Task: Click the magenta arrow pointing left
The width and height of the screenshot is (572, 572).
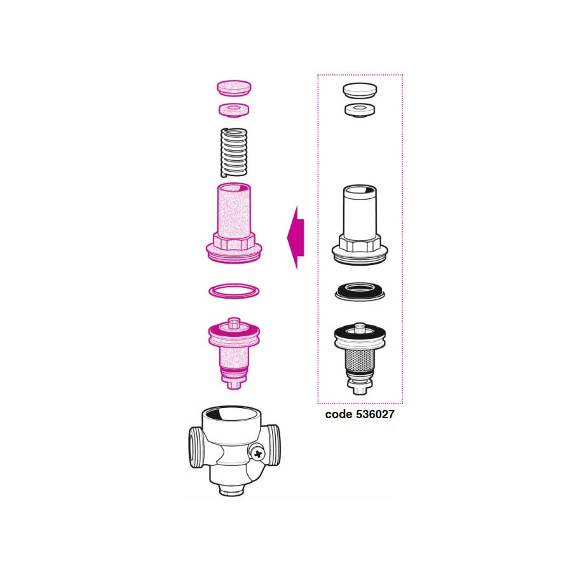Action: (x=296, y=238)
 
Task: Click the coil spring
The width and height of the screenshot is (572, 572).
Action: (x=234, y=153)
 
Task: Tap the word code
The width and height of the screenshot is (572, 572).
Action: (x=339, y=414)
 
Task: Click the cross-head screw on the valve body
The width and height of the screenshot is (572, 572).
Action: (x=257, y=454)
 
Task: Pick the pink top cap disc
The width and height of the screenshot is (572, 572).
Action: (x=234, y=88)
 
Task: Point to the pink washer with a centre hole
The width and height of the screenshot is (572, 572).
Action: (x=234, y=109)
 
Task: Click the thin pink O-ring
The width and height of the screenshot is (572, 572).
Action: (x=234, y=291)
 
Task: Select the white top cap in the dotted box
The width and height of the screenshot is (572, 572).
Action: (x=360, y=90)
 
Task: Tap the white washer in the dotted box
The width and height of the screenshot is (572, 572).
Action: (x=360, y=109)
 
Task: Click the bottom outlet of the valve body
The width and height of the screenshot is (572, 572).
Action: (x=232, y=490)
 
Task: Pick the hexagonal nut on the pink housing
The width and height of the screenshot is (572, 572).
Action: (x=234, y=242)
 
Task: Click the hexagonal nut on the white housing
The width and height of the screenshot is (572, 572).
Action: (x=360, y=243)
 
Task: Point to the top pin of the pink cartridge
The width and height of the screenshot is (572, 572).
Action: (x=234, y=322)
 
